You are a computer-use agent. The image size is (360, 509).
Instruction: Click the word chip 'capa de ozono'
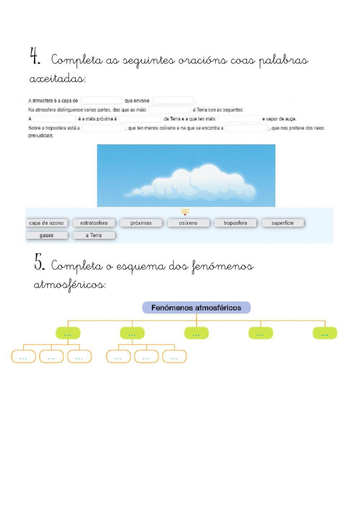tap(46, 223)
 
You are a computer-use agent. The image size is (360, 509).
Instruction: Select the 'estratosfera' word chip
tap(94, 223)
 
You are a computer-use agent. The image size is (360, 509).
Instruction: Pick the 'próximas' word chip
tap(141, 223)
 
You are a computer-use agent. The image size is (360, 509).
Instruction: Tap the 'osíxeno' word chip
tap(188, 223)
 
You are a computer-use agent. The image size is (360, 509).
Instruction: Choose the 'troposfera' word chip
tap(235, 223)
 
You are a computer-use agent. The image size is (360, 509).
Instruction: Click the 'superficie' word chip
tap(283, 223)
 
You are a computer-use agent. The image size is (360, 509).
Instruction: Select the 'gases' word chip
tap(46, 235)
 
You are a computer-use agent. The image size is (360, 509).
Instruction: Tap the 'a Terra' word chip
tap(94, 235)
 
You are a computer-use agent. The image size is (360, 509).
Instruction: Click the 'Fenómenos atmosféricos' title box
tap(196, 308)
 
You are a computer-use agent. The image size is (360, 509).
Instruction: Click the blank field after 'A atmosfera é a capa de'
tap(101, 101)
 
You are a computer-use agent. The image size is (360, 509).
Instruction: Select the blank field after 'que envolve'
tap(173, 101)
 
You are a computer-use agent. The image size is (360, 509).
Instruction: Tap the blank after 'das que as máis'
tap(169, 110)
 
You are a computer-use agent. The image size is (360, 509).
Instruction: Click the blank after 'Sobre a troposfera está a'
tap(103, 128)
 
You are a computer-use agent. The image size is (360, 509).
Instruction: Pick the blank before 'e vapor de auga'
tap(239, 119)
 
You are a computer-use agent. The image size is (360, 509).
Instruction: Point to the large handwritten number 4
tap(35, 57)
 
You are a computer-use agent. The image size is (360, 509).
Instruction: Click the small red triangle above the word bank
tap(185, 215)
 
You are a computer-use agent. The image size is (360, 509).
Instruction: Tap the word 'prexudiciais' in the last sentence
tap(41, 136)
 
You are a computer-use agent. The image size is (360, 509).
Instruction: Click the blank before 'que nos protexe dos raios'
tap(247, 128)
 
